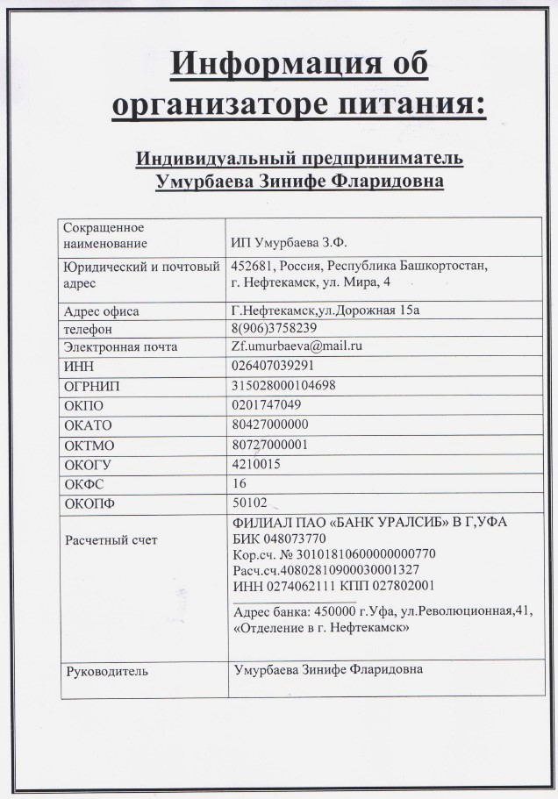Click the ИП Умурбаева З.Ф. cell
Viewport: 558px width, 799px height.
295,243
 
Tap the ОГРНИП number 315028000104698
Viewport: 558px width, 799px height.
283,385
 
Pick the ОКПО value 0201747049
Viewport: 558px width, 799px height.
267,405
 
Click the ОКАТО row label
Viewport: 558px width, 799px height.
89,425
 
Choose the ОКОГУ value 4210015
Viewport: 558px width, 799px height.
256,464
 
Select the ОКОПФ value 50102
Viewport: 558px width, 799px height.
250,503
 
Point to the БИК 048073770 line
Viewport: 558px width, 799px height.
280,538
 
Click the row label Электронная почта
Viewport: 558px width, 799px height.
121,347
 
